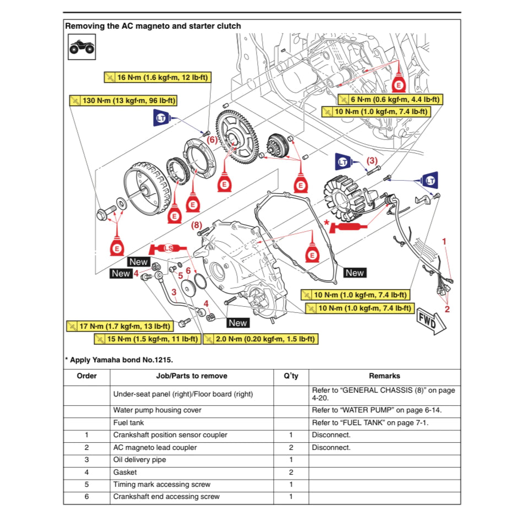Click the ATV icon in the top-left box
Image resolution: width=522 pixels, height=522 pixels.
(x=81, y=47)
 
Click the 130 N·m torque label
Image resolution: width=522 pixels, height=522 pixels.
(x=127, y=101)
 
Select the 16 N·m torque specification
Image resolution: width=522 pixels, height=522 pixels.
(x=157, y=78)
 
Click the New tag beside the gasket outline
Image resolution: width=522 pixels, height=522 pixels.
(x=355, y=273)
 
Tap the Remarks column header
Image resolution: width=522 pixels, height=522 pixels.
(x=384, y=376)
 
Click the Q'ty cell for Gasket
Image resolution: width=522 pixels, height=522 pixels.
(x=291, y=472)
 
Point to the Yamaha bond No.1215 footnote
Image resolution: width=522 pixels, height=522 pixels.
(x=119, y=360)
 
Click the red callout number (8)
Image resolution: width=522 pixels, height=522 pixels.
(x=197, y=225)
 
